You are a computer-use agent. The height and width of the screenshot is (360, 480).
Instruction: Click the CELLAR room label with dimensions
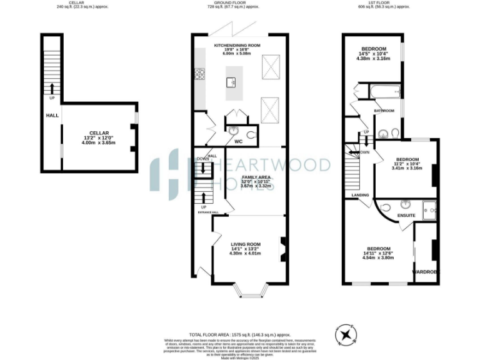pyautogui.click(x=99, y=137)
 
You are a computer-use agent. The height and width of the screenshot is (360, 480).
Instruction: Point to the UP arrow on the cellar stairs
pyautogui.click(x=51, y=89)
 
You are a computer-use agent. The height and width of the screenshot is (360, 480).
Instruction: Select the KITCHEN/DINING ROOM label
pyautogui.click(x=237, y=50)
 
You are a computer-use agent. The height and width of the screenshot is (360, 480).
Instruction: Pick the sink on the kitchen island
pyautogui.click(x=231, y=81)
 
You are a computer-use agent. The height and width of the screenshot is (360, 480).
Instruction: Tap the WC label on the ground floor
pyautogui.click(x=238, y=142)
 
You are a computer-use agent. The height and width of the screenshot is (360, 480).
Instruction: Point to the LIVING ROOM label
pyautogui.click(x=245, y=248)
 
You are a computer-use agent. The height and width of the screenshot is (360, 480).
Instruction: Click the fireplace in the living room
pyautogui.click(x=282, y=246)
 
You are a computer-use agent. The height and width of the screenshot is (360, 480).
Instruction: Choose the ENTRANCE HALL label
pyautogui.click(x=208, y=212)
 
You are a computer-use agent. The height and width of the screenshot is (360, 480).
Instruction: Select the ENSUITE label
pyautogui.click(x=407, y=216)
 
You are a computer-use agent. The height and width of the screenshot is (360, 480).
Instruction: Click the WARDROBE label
pyautogui.click(x=426, y=272)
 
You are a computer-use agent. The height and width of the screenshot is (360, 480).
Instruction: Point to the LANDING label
pyautogui.click(x=361, y=195)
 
